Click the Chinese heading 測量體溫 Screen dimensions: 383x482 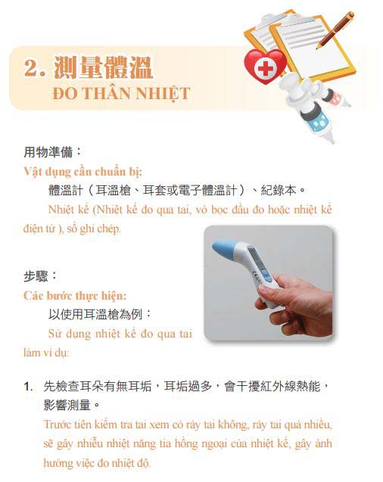(104, 67)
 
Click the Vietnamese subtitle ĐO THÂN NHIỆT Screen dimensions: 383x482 (121, 94)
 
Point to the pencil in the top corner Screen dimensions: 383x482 (335, 30)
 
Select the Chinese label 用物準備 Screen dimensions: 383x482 (48, 152)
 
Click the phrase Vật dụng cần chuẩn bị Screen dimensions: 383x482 (83, 172)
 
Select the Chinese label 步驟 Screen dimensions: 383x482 (36, 276)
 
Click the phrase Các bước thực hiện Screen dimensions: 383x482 (75, 296)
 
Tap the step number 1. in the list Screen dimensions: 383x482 (28, 387)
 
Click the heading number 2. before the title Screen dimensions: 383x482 (35, 67)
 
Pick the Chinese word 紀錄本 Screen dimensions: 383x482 (279, 190)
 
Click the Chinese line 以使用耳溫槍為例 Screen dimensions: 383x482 (95, 315)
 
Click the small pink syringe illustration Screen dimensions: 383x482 (337, 98)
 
